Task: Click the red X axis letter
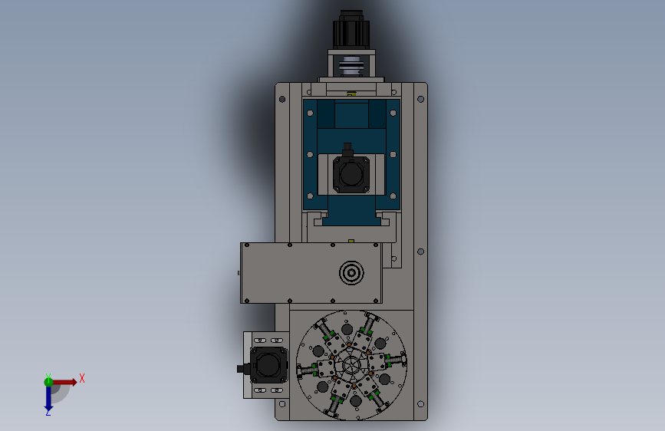(82, 378)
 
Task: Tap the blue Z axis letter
(48, 412)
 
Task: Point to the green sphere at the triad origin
(48, 382)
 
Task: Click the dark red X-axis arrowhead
(74, 382)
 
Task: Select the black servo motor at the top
(351, 30)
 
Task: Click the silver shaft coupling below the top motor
(351, 66)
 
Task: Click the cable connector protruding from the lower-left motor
(243, 368)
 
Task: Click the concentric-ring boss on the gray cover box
(351, 273)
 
